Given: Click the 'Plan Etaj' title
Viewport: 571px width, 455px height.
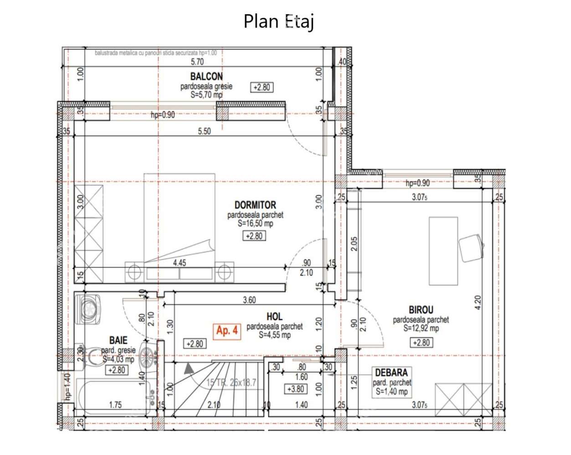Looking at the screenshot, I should click(x=278, y=21).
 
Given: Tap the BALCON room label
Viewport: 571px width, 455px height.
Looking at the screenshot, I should click(x=206, y=77).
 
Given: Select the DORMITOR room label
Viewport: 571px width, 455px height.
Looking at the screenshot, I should click(x=255, y=205).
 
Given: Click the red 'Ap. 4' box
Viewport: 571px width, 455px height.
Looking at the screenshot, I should click(x=227, y=331).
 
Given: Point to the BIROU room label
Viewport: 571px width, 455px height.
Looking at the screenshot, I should click(x=421, y=310).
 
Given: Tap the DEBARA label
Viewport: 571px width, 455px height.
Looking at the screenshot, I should click(x=391, y=373).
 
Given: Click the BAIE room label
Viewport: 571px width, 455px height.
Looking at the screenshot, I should click(x=118, y=340).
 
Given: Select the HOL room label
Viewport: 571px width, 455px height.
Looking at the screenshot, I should click(x=274, y=316).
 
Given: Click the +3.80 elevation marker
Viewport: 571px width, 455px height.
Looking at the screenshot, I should click(x=295, y=389).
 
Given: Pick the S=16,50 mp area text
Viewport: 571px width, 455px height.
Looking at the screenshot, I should click(x=255, y=224).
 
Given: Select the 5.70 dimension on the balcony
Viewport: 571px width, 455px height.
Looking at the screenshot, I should click(x=197, y=62).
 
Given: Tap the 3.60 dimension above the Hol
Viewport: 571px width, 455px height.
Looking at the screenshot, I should click(x=249, y=300).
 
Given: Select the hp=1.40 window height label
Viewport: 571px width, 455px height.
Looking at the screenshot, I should click(x=67, y=387).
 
